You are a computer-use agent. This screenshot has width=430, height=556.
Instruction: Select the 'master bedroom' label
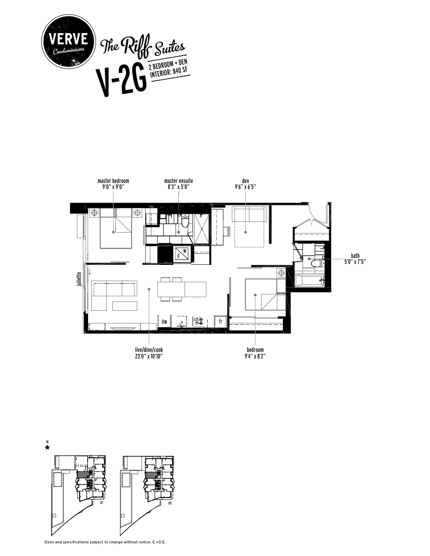point(113,181)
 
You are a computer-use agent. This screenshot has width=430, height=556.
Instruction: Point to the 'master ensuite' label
point(178,181)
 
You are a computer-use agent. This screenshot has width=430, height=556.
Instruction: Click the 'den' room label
point(245,181)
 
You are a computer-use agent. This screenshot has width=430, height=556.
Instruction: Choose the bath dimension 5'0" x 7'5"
point(355,261)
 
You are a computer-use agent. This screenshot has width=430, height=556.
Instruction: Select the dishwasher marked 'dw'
point(164,322)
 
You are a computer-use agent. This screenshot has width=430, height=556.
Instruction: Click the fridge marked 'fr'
point(220,322)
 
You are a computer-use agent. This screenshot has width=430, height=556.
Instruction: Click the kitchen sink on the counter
point(181,321)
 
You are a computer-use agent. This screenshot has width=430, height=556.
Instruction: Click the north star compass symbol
point(47,447)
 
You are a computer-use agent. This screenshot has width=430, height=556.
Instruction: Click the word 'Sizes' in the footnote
point(49,542)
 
